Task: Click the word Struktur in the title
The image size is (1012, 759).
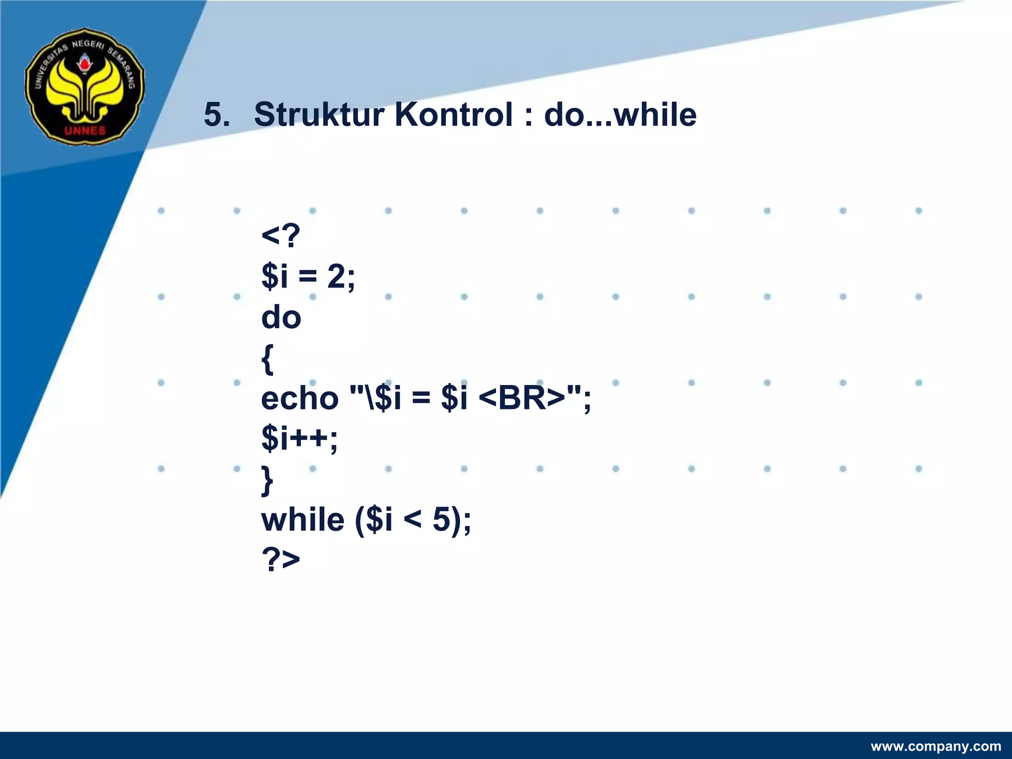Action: [x=319, y=115]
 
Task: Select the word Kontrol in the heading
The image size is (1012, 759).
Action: [x=454, y=115]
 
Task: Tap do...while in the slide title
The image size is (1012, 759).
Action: [x=620, y=115]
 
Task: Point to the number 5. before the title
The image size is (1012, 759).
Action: [x=217, y=115]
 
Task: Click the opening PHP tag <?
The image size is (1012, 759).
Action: [x=280, y=236]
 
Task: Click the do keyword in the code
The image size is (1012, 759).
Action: [x=281, y=317]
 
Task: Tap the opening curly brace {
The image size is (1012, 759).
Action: [x=267, y=359]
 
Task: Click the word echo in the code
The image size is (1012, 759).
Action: [x=299, y=398]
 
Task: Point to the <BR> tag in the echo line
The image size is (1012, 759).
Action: [x=522, y=398]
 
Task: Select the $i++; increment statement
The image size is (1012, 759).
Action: [x=299, y=438]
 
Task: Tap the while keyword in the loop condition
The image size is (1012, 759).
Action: [x=302, y=520]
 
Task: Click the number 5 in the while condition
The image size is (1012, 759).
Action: [x=441, y=520]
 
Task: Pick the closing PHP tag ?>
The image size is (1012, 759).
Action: [x=280, y=560]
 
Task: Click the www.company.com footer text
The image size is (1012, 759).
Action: [x=935, y=746]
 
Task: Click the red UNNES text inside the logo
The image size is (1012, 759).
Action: [x=85, y=130]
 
